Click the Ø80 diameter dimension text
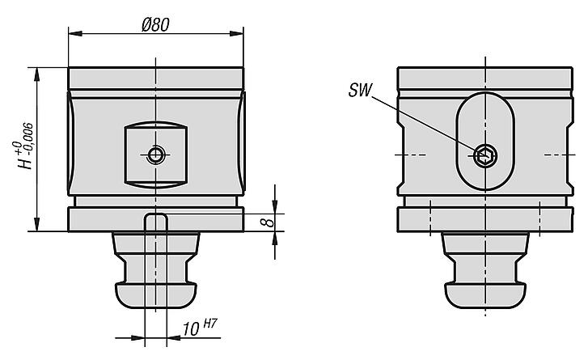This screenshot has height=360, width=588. (154, 24)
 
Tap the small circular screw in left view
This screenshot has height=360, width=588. (155, 155)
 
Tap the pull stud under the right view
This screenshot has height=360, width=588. (485, 271)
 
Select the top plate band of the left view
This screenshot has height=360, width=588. (155, 78)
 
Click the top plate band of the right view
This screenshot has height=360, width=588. (485, 78)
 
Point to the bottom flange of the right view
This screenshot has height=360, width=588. (485, 219)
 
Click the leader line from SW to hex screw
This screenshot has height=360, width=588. (425, 121)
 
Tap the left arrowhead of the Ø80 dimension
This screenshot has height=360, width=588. (73, 34)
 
